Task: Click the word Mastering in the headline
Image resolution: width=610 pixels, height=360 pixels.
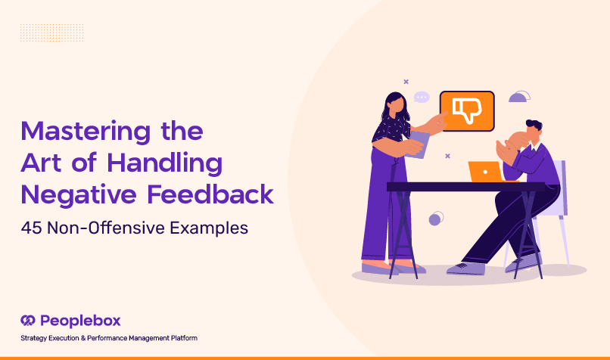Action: pyautogui.click(x=86, y=132)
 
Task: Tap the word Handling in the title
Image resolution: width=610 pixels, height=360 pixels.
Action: pyautogui.click(x=164, y=163)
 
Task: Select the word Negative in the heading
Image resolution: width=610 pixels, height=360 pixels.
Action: pyautogui.click(x=79, y=194)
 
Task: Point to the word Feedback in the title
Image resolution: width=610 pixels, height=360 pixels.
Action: pyautogui.click(x=210, y=194)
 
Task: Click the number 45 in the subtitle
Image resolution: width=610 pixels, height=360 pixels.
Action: pyautogui.click(x=31, y=228)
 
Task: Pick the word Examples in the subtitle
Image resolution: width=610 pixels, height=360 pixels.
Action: pyautogui.click(x=209, y=228)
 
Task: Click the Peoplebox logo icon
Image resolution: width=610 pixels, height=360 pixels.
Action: pyautogui.click(x=28, y=321)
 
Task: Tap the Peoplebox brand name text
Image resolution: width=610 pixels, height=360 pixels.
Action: pyautogui.click(x=80, y=321)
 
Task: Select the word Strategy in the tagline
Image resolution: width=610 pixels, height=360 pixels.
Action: pyautogui.click(x=34, y=338)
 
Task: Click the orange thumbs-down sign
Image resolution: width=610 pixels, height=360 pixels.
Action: pyautogui.click(x=467, y=111)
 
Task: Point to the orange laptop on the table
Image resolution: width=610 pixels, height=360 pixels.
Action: pyautogui.click(x=487, y=172)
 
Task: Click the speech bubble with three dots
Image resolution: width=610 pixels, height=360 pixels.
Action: pyautogui.click(x=422, y=98)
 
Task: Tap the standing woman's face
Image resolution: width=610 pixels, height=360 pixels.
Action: pyautogui.click(x=397, y=105)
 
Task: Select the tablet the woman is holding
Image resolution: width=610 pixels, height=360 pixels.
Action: pyautogui.click(x=419, y=144)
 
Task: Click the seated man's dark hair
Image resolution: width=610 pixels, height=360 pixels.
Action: pyautogui.click(x=534, y=125)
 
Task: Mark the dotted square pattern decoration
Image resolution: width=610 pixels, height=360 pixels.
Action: pyautogui.click(x=51, y=33)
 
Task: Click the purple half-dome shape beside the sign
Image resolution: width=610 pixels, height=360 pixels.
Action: pyautogui.click(x=519, y=97)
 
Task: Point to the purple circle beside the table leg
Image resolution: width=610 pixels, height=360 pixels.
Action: pyautogui.click(x=436, y=219)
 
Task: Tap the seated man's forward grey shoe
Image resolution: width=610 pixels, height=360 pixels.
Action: pyautogui.click(x=466, y=268)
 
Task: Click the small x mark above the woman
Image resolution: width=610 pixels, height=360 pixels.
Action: pyautogui.click(x=406, y=82)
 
